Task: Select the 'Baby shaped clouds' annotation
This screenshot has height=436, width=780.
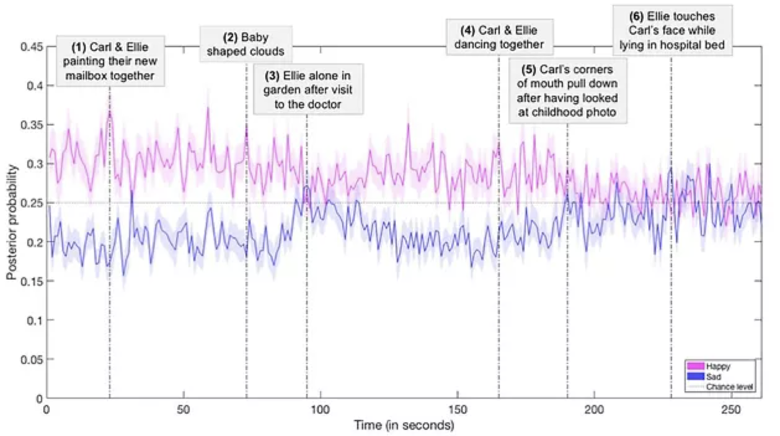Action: click(246, 43)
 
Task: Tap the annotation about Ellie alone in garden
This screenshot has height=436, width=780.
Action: click(307, 90)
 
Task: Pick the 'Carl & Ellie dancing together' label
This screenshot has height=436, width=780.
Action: click(499, 37)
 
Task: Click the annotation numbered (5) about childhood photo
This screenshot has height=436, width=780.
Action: click(567, 91)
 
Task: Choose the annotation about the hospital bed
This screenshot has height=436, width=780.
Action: click(672, 30)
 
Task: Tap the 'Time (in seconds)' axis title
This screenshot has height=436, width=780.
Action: click(404, 426)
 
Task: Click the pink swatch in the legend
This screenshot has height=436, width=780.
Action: click(696, 366)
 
